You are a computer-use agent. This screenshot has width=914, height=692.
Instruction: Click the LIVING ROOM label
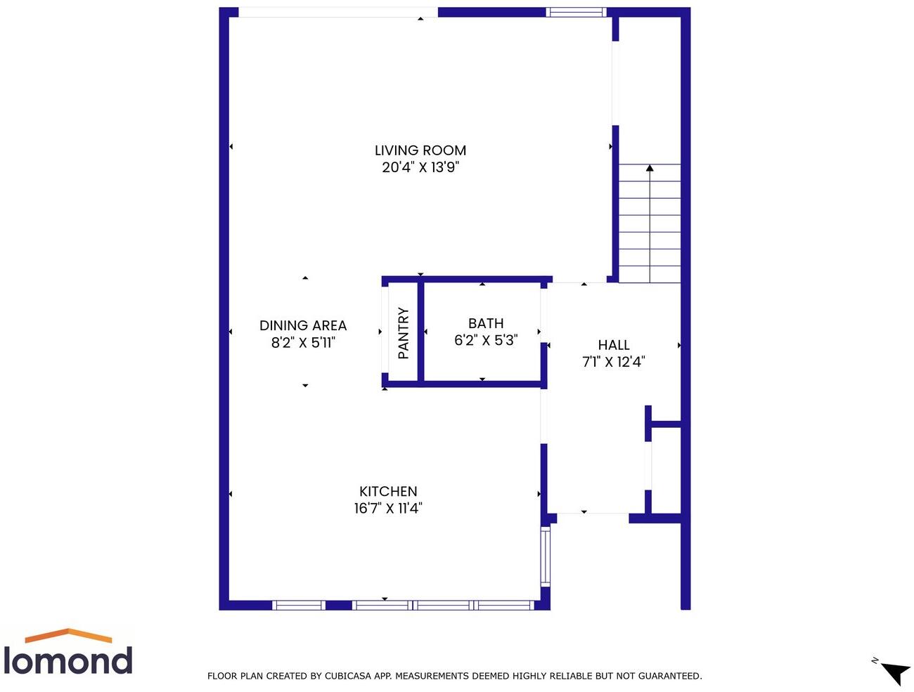click(x=420, y=150)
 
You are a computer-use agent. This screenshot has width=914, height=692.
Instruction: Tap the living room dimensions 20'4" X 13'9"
click(x=420, y=167)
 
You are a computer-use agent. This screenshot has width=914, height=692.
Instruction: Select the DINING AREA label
click(x=303, y=325)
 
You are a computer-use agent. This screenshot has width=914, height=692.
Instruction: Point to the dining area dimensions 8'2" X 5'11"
click(x=303, y=343)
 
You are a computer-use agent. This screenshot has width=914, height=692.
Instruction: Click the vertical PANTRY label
click(x=404, y=333)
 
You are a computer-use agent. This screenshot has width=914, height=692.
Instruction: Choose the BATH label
click(x=486, y=323)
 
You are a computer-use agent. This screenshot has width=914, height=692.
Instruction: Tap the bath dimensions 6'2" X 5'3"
click(x=486, y=340)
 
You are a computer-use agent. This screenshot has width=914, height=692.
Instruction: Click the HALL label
click(x=613, y=345)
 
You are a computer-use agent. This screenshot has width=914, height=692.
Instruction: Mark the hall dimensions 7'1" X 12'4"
click(x=613, y=362)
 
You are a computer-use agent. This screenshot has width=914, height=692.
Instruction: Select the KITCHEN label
click(x=388, y=491)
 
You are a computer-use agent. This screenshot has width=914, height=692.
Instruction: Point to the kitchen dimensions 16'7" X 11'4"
click(x=388, y=508)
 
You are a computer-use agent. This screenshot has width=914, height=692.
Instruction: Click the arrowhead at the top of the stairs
click(x=650, y=169)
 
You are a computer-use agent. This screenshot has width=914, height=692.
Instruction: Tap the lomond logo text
click(x=67, y=660)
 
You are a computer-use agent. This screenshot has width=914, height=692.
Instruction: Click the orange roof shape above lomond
click(x=68, y=635)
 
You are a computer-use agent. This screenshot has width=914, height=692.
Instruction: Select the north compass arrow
click(x=896, y=672)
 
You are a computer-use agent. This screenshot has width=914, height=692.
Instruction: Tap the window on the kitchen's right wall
click(x=545, y=557)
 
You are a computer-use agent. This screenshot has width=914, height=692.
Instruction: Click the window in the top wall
click(x=576, y=12)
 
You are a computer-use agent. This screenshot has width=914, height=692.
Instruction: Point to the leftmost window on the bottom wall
click(x=299, y=605)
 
